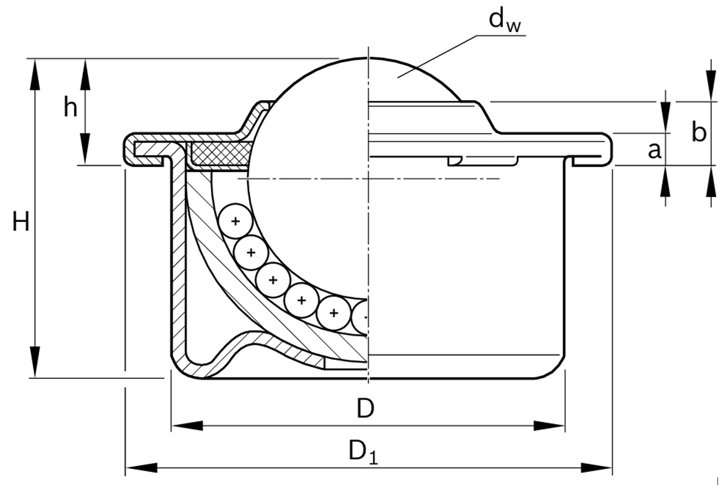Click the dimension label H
21,222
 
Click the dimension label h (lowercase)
70,107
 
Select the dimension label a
654,150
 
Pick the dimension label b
698,132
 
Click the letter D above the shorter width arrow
366,408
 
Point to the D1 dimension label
363,451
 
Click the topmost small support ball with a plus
235,221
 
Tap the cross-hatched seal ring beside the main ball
219,153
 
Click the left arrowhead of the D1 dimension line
141,467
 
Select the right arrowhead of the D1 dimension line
597,467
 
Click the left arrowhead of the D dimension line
187,426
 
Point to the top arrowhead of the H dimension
35,74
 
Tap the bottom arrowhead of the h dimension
85,149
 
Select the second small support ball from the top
251,252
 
